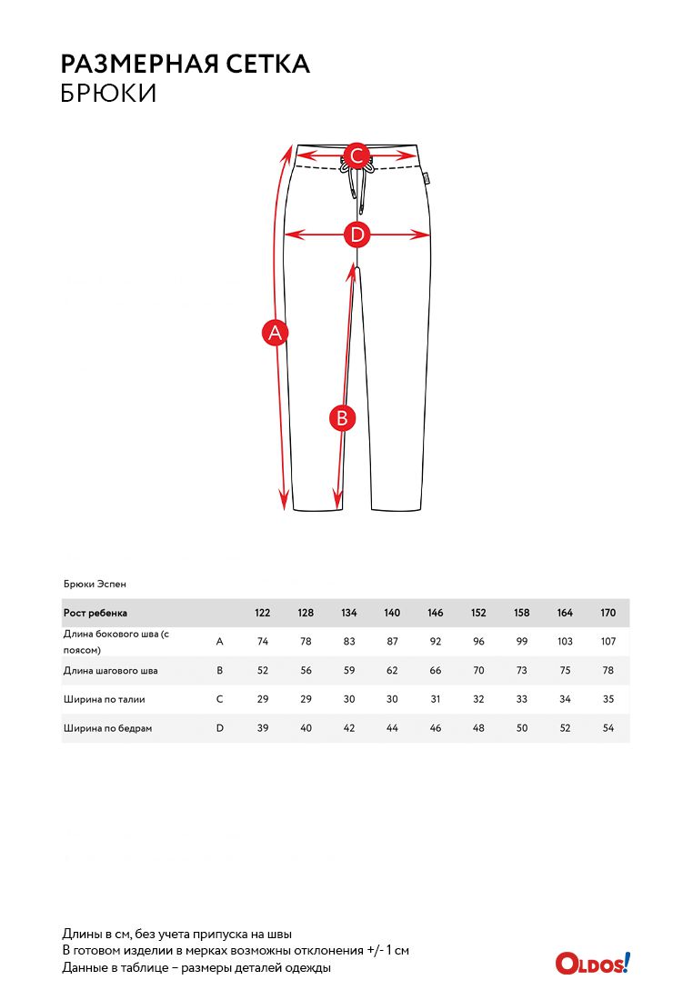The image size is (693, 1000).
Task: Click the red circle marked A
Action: coord(275,334)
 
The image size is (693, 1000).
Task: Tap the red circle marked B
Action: coord(342,417)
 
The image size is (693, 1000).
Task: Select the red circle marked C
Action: coord(357,155)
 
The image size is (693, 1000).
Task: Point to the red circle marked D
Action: coord(357,235)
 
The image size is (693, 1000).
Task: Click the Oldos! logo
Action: coord(593,963)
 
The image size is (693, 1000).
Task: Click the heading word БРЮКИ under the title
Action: coord(108,94)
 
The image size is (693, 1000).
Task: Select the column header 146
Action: coord(436,613)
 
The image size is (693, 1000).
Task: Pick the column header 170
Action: coord(608,613)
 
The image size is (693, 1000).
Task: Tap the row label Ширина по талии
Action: coord(105,700)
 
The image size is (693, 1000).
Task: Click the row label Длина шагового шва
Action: coord(111,671)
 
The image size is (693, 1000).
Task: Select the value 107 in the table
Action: coord(608,641)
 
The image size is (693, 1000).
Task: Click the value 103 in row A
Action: coord(565,641)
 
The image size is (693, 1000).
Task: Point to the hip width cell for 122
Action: coord(263,728)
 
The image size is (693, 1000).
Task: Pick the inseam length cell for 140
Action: coord(392,671)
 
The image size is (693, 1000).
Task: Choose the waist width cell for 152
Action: coord(478,700)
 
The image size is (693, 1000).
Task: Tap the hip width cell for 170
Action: coord(608,728)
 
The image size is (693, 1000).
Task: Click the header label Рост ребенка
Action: coord(95,613)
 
